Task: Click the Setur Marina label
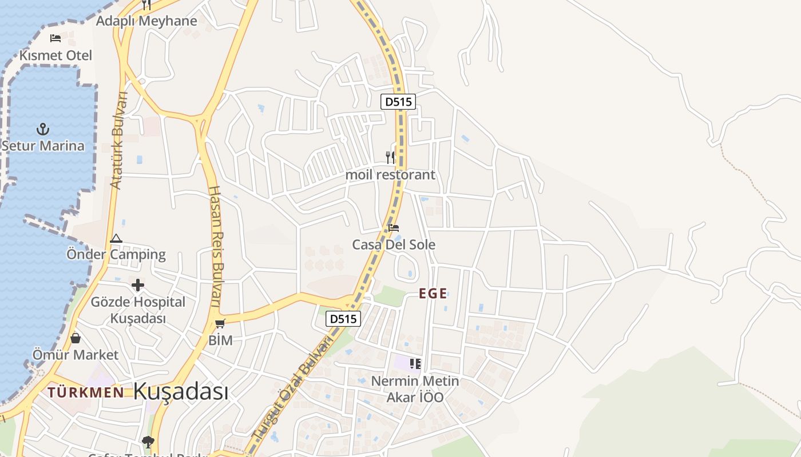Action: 43,146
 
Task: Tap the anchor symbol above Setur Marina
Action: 42,129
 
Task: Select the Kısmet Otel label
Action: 55,55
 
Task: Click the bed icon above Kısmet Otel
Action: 55,38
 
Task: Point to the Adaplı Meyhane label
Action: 146,21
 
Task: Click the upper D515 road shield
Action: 398,102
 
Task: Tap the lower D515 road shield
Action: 343,319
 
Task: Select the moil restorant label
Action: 390,175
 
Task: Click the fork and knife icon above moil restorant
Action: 390,157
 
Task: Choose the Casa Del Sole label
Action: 394,244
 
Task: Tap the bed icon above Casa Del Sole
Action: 394,227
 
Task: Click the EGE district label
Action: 433,294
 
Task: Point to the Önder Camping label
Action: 116,254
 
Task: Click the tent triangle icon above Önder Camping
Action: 116,238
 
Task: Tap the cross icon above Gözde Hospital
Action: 138,285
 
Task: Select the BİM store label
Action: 220,340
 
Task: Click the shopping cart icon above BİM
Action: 220,324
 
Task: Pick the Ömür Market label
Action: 76,355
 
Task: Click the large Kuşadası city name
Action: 181,392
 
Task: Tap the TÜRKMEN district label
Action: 86,392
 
